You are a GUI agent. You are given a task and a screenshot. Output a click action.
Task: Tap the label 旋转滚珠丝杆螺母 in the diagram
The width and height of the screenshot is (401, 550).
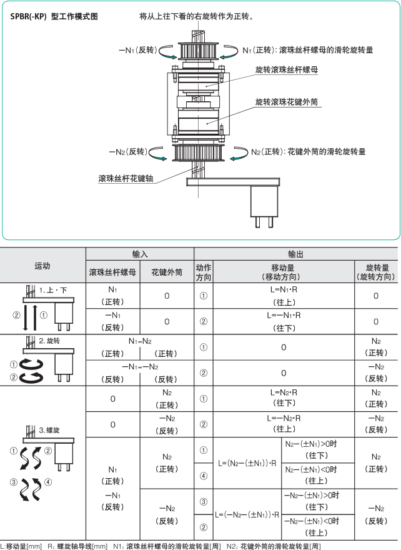tap(287, 70)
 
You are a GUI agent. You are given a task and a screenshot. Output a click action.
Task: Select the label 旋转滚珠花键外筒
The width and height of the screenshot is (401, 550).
tap(287, 101)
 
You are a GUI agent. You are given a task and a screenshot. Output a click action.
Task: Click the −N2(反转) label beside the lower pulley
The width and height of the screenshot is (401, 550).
tap(129, 151)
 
